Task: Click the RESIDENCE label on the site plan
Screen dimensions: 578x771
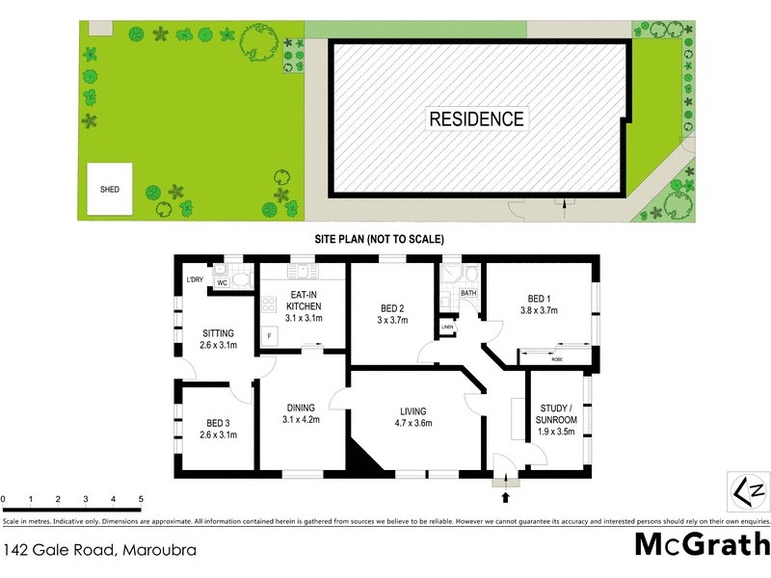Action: [x=476, y=119]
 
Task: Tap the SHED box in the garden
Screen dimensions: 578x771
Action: [x=110, y=190]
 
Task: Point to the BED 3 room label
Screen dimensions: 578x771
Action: [x=217, y=422]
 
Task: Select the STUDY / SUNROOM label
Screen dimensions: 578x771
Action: [x=556, y=420]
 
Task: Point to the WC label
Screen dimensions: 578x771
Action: [x=221, y=283]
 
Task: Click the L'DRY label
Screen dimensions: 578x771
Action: [x=196, y=280]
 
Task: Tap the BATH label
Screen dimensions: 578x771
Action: [x=469, y=293]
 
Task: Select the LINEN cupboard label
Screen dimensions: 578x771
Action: [x=447, y=328]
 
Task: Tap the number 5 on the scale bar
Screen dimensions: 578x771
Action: [x=141, y=499]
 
